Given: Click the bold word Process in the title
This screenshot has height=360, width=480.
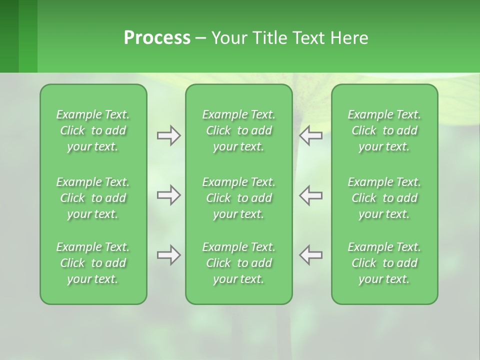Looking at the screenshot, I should coord(157,38).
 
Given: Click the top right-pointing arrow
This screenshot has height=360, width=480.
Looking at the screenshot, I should coord(169,135).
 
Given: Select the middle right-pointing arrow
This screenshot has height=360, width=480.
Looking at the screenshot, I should coord(169,195).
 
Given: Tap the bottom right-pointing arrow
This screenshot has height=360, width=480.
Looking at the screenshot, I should coord(169,255).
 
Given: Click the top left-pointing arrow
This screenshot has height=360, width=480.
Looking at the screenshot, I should coord(310,135).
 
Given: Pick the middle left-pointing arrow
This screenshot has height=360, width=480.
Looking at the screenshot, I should coord(310,195).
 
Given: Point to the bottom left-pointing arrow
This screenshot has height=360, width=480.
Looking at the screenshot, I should coord(310,255).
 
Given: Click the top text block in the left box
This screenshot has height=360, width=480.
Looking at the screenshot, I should coord(93,130).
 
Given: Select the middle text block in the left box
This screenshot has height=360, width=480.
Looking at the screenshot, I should coord(93,198).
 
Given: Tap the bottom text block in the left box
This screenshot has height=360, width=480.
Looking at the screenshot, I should coord(93,263).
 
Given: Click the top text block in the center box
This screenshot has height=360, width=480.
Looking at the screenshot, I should coord(238,130).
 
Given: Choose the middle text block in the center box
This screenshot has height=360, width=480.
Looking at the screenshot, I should coord(238,198).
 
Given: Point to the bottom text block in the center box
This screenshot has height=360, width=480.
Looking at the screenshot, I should coord(238,263).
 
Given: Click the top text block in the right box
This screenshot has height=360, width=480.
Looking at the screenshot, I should coord(384,130).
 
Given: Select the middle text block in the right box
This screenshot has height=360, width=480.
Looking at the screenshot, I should coord(384,198).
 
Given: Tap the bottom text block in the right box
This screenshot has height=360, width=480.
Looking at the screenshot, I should coord(384,263).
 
